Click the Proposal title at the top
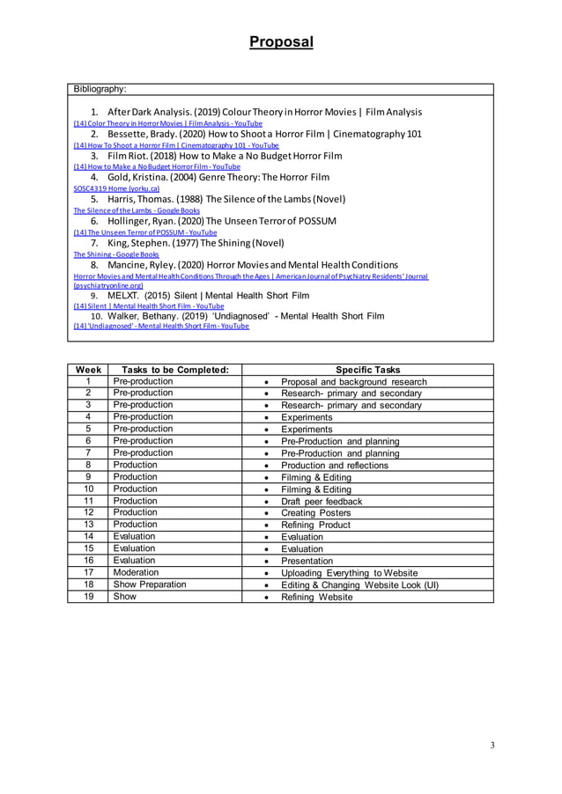[280, 42]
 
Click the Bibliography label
[100, 89]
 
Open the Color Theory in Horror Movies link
[162, 124]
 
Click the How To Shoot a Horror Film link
[176, 145]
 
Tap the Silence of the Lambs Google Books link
[137, 210]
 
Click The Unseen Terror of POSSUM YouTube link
[144, 232]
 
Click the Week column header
[89, 370]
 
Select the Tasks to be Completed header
[168, 370]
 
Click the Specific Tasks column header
[367, 370]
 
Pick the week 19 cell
[89, 597]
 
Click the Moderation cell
[135, 572]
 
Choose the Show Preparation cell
[150, 584]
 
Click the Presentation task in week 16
[307, 561]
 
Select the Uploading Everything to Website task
[349, 572]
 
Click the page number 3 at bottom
[492, 746]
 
